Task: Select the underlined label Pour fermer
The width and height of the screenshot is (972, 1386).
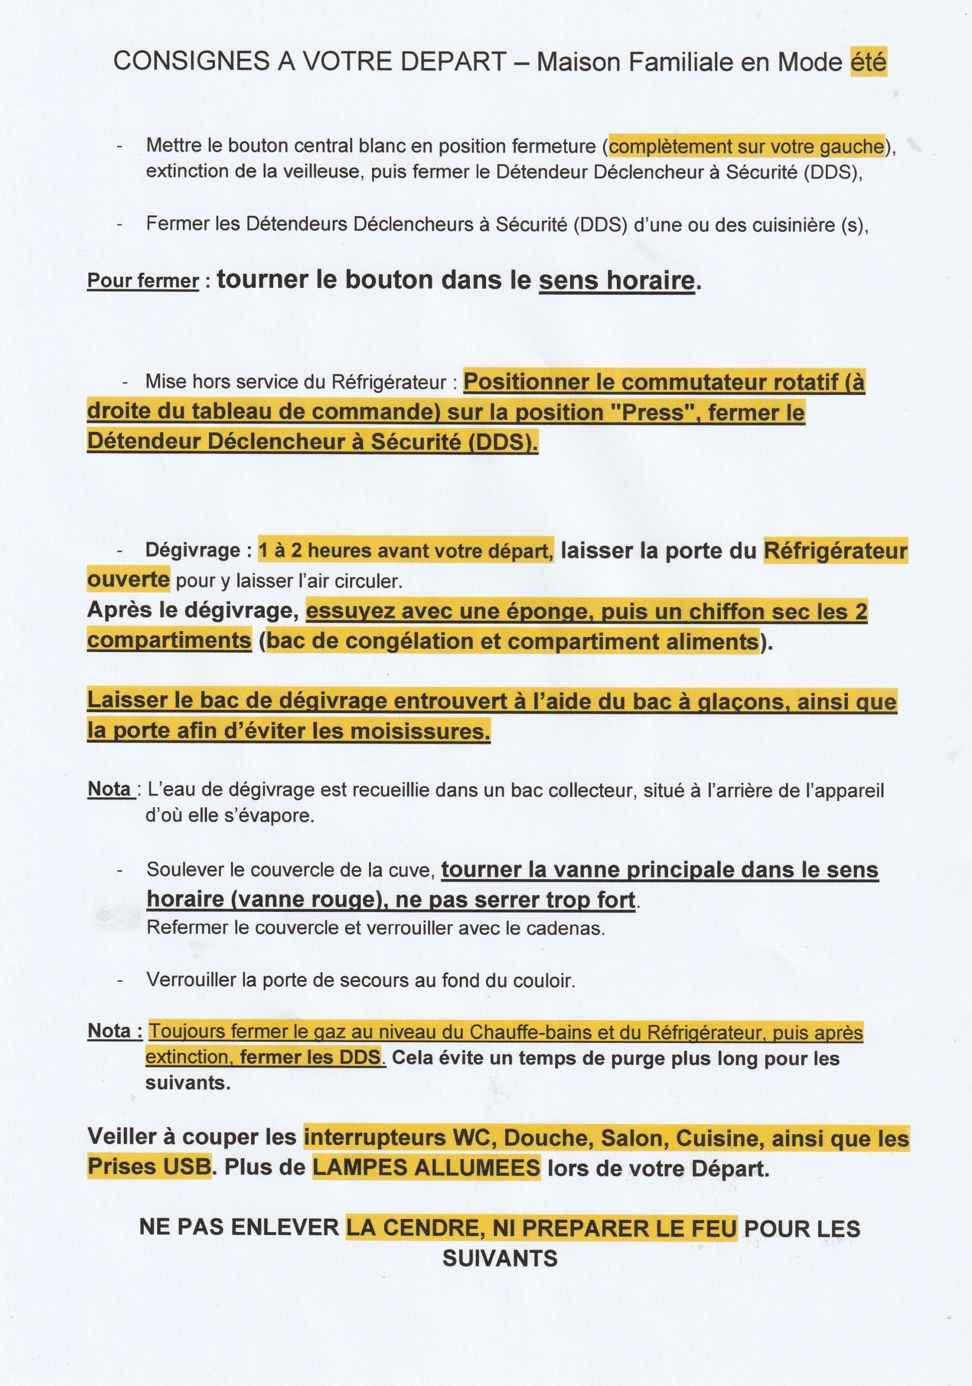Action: (143, 281)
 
